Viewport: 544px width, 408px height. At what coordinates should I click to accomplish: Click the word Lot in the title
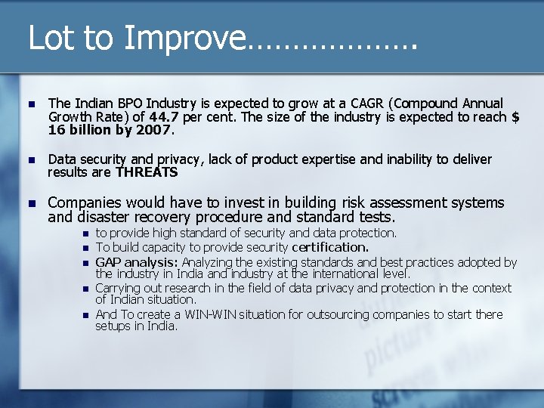(x=50, y=38)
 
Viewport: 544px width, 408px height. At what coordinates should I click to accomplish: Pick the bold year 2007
(x=154, y=129)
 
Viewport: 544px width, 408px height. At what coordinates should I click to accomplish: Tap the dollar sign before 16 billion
(x=515, y=116)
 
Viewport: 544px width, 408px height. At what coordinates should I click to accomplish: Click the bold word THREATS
(x=147, y=172)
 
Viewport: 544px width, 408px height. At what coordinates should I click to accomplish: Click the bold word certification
(x=330, y=247)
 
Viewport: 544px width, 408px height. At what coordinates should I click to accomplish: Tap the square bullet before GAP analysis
(x=85, y=263)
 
